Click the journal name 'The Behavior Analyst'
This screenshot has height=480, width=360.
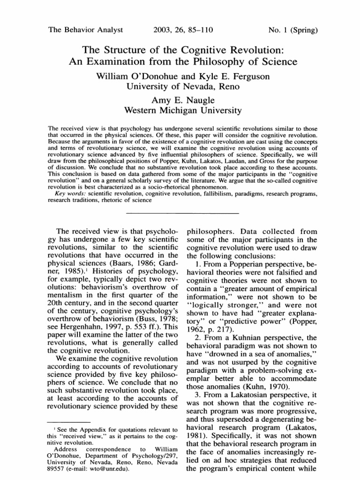(86, 30)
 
